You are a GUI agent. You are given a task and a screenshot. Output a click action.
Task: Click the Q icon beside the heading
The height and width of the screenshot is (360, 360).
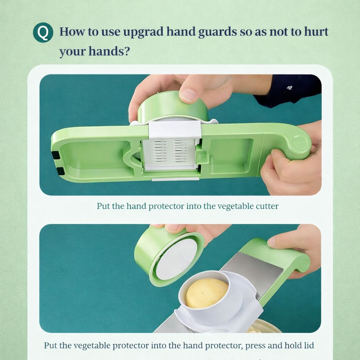[43, 32]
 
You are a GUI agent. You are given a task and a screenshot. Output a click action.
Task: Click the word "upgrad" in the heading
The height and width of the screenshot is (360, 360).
[143, 32]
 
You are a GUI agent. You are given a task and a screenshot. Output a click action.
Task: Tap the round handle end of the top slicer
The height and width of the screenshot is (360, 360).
[299, 142]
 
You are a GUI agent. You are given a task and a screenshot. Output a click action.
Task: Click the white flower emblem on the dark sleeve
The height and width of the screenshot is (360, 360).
[289, 88]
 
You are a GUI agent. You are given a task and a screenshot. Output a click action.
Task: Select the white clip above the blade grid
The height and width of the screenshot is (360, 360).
[175, 129]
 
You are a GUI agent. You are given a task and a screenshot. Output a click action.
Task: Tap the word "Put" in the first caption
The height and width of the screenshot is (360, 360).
[103, 206]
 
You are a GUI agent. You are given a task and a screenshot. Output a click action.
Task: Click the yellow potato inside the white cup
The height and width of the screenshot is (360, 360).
[207, 293]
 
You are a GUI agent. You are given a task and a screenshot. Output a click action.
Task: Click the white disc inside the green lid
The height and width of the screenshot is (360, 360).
[176, 259]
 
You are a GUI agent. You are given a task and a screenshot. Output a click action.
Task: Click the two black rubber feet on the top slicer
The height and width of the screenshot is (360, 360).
[56, 163]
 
